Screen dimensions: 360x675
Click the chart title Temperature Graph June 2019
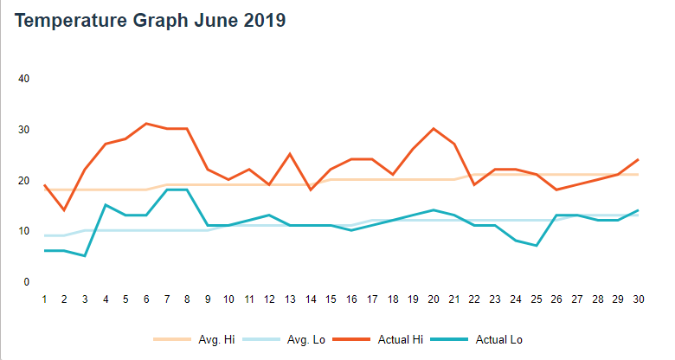coord(151,22)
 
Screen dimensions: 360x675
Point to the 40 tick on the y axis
coord(24,79)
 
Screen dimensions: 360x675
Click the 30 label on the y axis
coord(24,130)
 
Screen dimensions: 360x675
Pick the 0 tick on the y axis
coord(27,282)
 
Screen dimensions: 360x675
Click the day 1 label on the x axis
coord(44,299)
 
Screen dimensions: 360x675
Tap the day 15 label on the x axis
coord(331,299)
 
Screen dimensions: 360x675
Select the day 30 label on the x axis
coord(638,299)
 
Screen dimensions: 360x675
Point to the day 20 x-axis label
coord(433,299)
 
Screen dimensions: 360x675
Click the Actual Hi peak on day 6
coord(146,124)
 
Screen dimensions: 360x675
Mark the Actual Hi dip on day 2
coord(64,209)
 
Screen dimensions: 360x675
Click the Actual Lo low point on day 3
coord(85,255)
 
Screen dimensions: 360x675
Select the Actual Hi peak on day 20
coord(433,129)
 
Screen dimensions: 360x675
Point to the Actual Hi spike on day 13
coord(290,154)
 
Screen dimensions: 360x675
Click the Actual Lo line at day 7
coord(167,190)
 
